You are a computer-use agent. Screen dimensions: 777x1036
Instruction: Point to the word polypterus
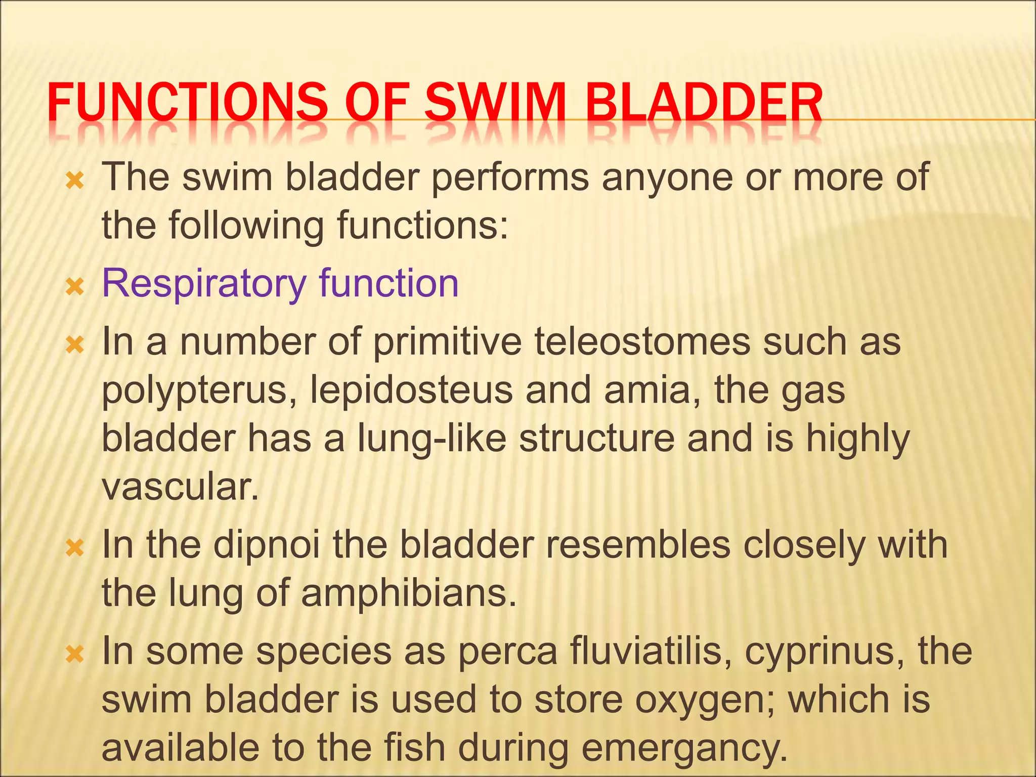coord(195,392)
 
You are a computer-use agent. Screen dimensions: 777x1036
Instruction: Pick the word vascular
coord(180,487)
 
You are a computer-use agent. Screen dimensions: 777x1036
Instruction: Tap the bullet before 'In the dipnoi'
coord(74,548)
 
